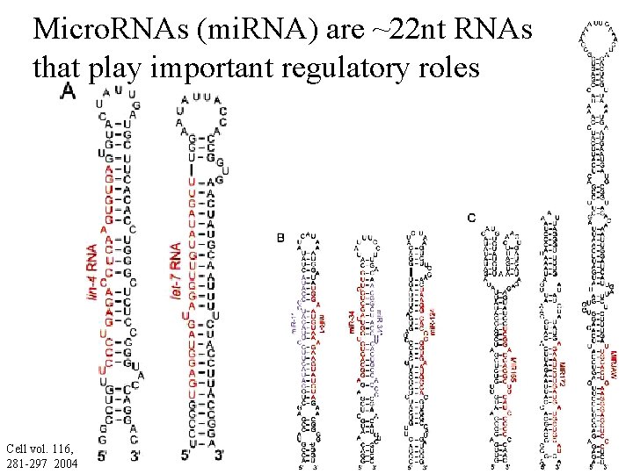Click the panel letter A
click(x=68, y=92)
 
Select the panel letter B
click(x=280, y=238)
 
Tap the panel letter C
click(x=472, y=218)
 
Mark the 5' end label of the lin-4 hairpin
click(x=103, y=456)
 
